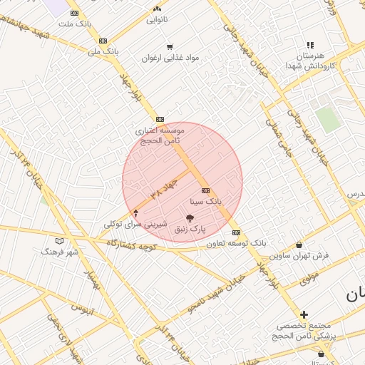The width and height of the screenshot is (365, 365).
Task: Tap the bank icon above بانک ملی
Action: pos(103,41)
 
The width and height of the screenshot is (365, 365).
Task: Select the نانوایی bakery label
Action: pos(158,20)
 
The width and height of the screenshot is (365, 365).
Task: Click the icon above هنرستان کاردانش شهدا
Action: pos(310,45)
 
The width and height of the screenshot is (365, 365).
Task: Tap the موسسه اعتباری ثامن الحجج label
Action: pos(160,136)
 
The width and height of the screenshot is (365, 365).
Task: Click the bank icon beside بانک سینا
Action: pos(206,191)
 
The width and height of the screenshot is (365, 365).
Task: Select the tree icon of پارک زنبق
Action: pos(190,218)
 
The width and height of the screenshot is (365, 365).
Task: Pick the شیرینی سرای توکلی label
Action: pos(135,224)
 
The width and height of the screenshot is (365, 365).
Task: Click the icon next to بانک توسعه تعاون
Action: pos(236,233)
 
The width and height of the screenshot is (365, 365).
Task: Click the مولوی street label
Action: pos(308,278)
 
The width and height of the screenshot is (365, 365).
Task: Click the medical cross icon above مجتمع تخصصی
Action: pos(304,314)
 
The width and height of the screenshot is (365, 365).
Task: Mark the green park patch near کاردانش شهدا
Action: pos(328,119)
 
